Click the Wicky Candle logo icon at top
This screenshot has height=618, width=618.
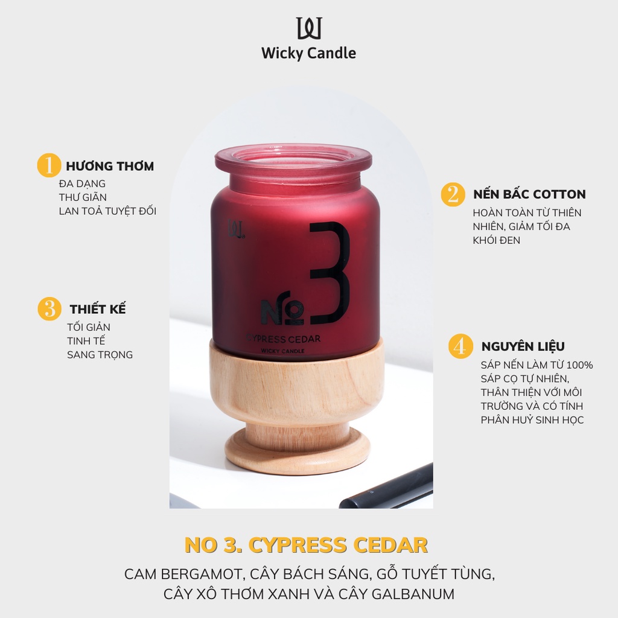click(x=308, y=28)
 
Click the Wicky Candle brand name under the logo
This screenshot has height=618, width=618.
click(x=308, y=53)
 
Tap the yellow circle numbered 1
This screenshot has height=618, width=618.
click(x=49, y=165)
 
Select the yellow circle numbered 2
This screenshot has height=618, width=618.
click(x=453, y=194)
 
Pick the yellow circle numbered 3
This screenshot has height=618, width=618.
click(x=49, y=309)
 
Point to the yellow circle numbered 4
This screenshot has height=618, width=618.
click(x=460, y=346)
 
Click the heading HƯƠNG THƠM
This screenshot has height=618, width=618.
click(x=110, y=166)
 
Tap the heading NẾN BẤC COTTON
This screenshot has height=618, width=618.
click(x=529, y=194)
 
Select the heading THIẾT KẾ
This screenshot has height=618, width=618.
click(x=98, y=309)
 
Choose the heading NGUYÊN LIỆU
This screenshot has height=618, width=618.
click(x=523, y=346)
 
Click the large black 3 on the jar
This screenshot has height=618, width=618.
click(x=330, y=273)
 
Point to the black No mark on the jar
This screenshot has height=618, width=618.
click(x=283, y=311)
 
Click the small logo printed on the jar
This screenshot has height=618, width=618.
click(x=235, y=230)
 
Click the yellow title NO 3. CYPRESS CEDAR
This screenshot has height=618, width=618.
click(x=306, y=545)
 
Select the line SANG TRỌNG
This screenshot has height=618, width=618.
click(x=100, y=354)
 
